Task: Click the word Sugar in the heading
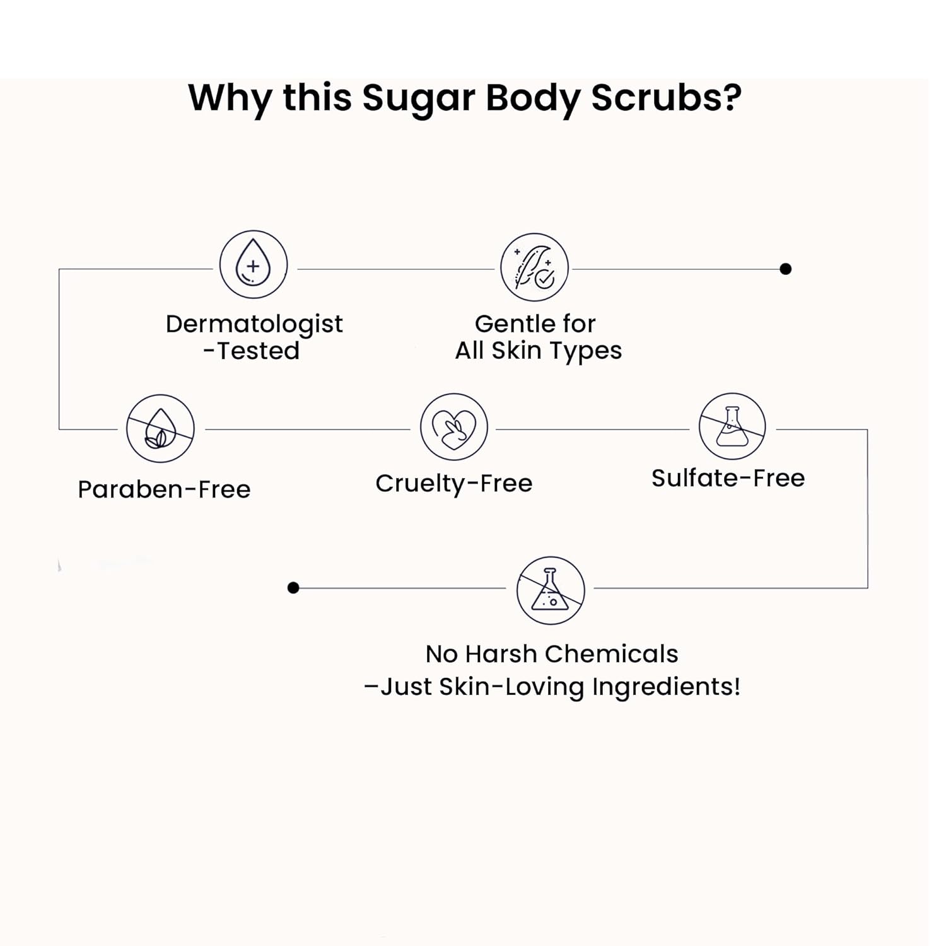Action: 419,99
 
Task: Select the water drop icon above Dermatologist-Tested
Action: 254,265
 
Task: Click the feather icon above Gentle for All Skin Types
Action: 534,267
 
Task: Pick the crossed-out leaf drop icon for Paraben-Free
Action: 160,429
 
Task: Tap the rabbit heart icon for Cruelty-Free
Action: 454,427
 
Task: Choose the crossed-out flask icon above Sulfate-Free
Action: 732,426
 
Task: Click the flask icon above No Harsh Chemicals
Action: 551,590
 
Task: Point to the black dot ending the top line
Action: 785,269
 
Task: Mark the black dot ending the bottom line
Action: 293,588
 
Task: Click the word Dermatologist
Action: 254,324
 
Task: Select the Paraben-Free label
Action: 164,489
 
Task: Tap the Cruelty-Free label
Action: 454,484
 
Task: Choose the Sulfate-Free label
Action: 728,478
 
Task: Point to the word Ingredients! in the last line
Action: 666,686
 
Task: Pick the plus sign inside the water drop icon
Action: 253,266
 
